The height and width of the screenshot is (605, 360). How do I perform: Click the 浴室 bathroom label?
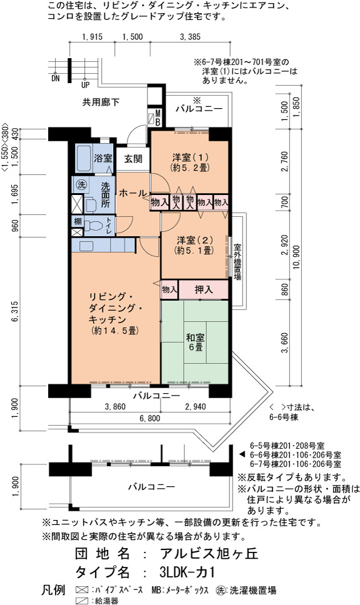click(103, 158)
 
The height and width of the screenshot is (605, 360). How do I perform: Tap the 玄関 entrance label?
click(133, 159)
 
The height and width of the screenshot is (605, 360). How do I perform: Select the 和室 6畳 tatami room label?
click(195, 342)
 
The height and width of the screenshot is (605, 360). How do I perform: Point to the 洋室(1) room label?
click(190, 162)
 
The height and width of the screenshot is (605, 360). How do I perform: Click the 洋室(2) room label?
click(194, 245)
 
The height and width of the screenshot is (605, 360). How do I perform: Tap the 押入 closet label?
click(203, 289)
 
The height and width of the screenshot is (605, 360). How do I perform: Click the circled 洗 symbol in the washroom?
click(81, 184)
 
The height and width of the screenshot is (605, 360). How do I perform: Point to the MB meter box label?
click(157, 117)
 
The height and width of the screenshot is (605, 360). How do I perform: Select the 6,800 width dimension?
click(150, 418)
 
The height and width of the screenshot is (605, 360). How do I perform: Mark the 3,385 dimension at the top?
click(190, 37)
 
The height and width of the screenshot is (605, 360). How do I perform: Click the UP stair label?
click(85, 85)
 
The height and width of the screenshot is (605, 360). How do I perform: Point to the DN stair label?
click(56, 79)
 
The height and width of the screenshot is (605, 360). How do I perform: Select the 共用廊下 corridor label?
click(101, 102)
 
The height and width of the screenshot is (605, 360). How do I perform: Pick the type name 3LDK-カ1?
click(187, 571)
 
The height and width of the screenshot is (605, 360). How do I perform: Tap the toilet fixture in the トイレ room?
click(93, 226)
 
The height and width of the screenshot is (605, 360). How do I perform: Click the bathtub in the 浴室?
click(83, 159)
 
